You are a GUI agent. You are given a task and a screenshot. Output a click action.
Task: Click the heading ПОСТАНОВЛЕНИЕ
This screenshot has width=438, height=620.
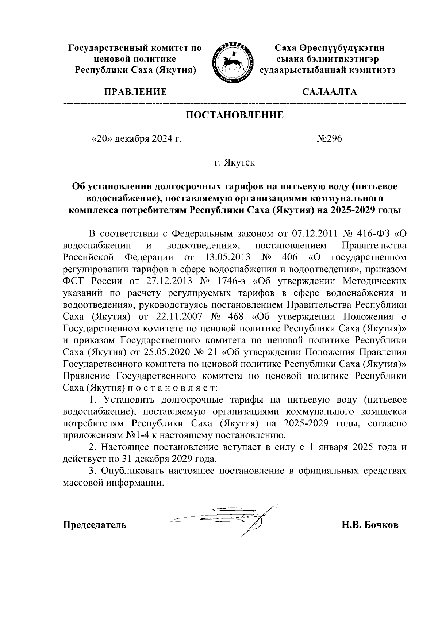235,115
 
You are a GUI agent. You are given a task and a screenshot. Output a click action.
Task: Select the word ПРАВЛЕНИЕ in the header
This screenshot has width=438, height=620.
136,92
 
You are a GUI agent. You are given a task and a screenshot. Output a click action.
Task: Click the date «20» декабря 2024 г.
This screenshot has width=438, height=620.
136,139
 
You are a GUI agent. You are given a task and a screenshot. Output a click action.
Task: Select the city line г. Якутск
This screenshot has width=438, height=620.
235,163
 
